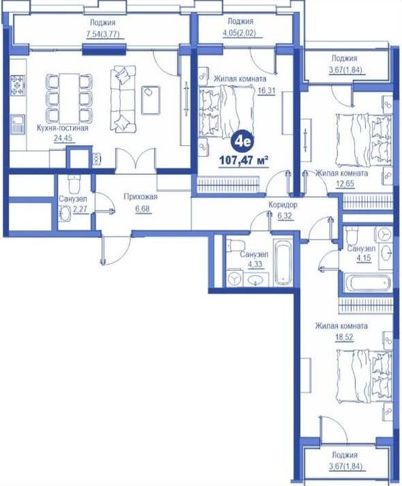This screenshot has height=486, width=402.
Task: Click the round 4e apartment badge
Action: point(242,142)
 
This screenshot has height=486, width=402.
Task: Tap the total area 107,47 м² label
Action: point(244,160)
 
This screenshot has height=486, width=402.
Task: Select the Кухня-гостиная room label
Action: point(62,128)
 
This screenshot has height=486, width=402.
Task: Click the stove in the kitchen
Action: point(17,85)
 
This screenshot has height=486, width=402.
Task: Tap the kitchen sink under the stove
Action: point(17,124)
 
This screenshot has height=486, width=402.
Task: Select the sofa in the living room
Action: point(123,99)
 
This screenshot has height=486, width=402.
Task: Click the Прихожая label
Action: point(141,197)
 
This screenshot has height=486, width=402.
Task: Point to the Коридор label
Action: point(283,205)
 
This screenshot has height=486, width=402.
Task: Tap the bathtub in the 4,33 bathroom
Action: point(283,262)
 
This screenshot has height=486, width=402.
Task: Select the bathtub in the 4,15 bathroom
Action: point(368,283)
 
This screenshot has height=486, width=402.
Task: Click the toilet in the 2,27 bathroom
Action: point(74,183)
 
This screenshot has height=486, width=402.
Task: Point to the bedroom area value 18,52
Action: point(344,337)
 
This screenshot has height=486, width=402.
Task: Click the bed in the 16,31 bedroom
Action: point(227,112)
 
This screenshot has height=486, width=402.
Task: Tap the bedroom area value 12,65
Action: point(345,185)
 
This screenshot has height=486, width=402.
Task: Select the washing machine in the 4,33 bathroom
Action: point(234,278)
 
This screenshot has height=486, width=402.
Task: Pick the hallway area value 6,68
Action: point(142,209)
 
